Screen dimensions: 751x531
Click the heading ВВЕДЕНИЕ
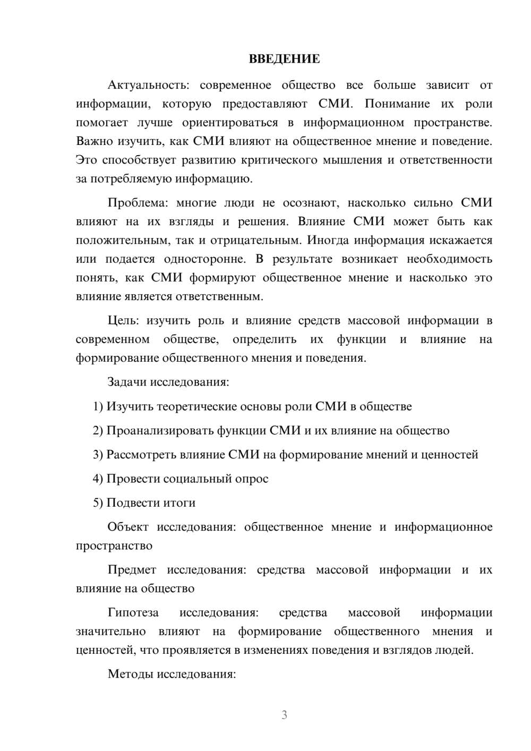pos(284,59)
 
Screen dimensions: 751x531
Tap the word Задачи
pos(127,382)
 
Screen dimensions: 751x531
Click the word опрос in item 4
pos(252,479)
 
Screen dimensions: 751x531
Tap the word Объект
pos(128,527)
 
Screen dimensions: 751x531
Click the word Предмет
pos(132,570)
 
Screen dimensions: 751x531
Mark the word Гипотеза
pos(133,613)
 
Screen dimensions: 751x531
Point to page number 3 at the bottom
pos(284,715)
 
